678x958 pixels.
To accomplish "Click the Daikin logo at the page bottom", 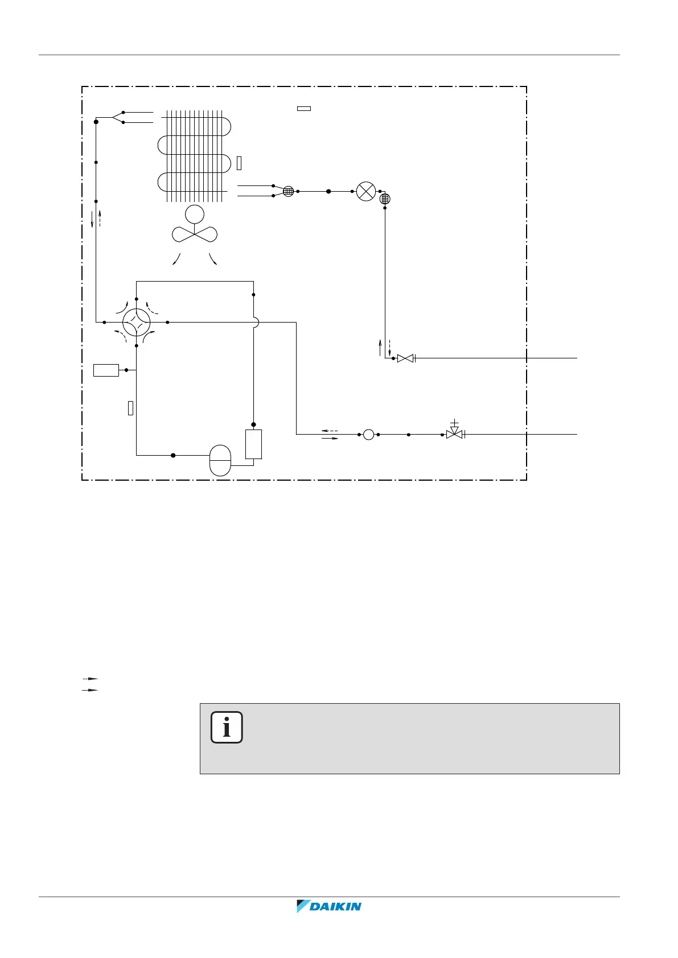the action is click(x=329, y=906).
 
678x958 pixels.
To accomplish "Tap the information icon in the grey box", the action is click(x=227, y=727).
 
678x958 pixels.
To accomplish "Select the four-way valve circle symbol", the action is click(x=137, y=323).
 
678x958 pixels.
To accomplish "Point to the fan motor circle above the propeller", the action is click(x=194, y=214).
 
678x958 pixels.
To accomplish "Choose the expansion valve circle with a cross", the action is click(x=366, y=191).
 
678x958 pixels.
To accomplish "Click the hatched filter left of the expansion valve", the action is click(x=288, y=192).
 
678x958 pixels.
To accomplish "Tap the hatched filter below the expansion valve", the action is click(x=385, y=199).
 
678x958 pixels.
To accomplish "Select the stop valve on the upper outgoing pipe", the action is click(x=405, y=358).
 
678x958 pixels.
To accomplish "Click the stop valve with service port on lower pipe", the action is click(x=454, y=433).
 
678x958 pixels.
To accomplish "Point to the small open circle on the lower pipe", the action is click(x=368, y=435).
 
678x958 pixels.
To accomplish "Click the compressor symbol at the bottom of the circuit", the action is click(x=221, y=460).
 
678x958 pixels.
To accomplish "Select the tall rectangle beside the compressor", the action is click(x=253, y=444).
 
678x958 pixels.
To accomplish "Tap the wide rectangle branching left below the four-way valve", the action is click(x=106, y=370).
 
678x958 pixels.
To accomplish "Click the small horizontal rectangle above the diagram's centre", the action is click(x=304, y=108).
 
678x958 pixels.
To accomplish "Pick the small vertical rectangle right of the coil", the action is click(x=239, y=163).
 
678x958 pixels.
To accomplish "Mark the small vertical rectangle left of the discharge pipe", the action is click(x=130, y=407).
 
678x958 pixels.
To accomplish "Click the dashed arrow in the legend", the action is click(x=91, y=679).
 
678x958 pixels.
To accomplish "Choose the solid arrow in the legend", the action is click(x=91, y=689).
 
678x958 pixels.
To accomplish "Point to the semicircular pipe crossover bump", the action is click(x=256, y=323).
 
